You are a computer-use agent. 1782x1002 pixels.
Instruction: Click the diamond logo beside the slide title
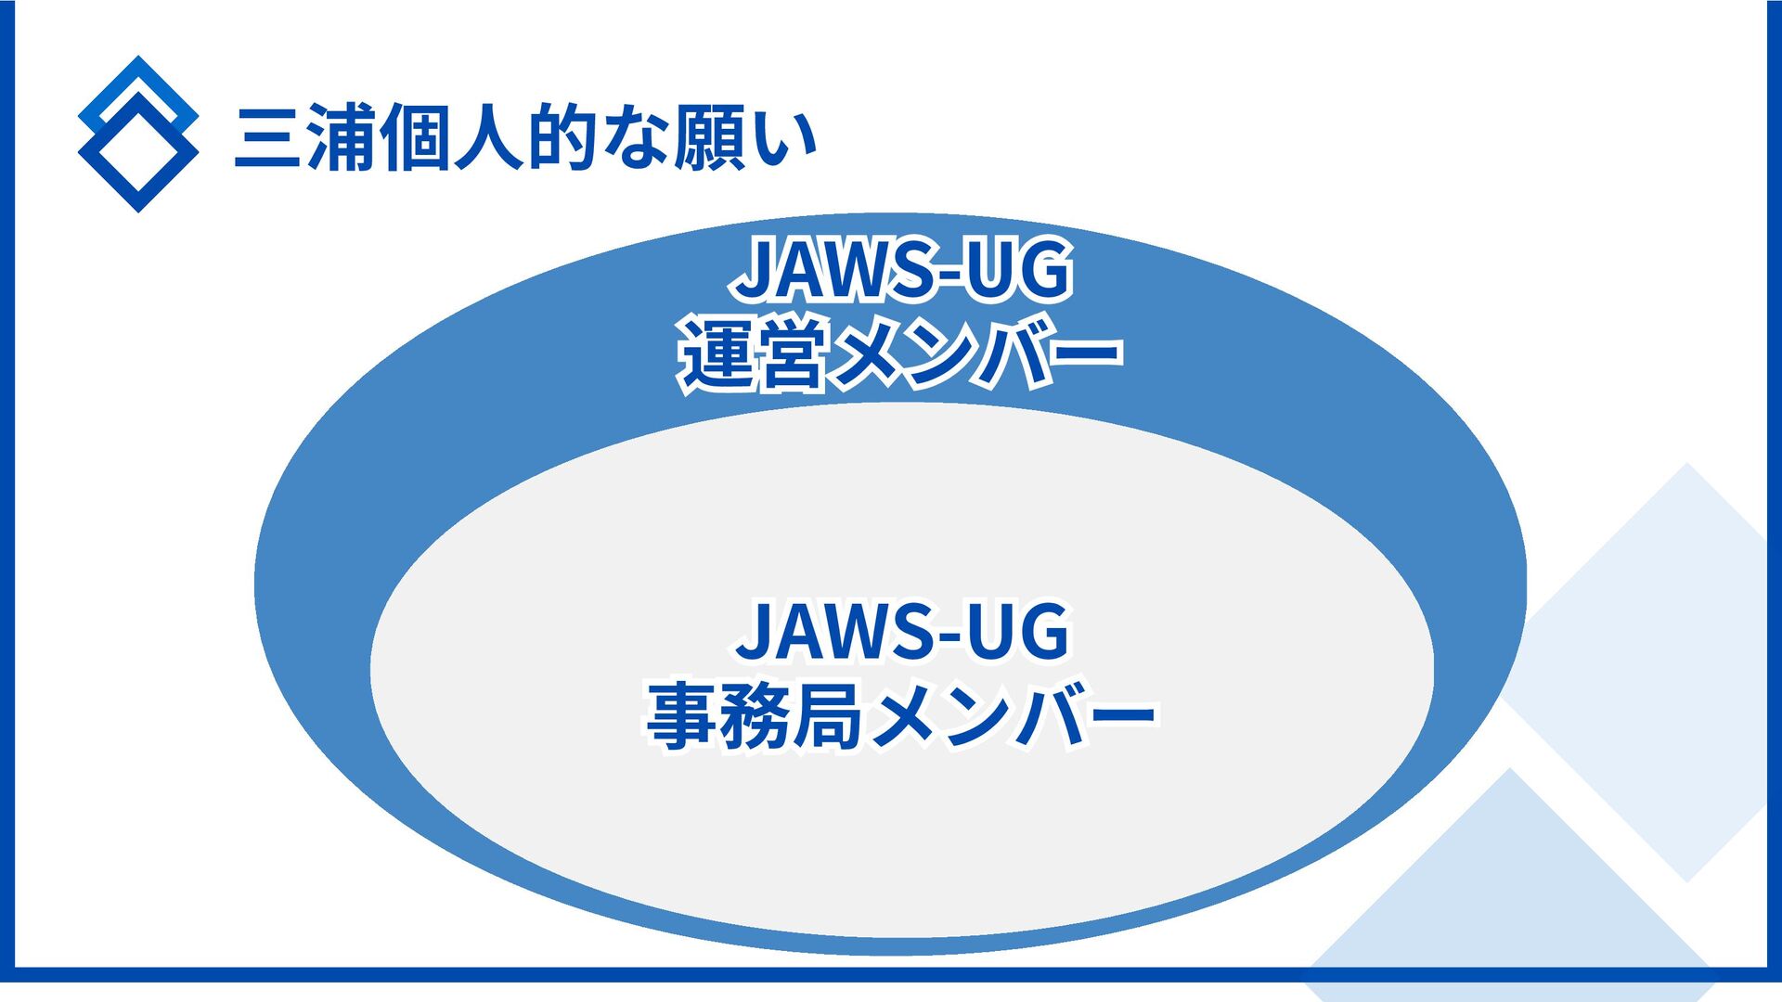tap(138, 135)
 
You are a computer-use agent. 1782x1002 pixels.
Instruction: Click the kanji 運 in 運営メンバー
tap(717, 354)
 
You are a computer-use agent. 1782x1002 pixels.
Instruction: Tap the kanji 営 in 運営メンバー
tap(791, 354)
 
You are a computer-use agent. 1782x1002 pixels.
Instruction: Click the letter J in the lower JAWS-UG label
tap(755, 631)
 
